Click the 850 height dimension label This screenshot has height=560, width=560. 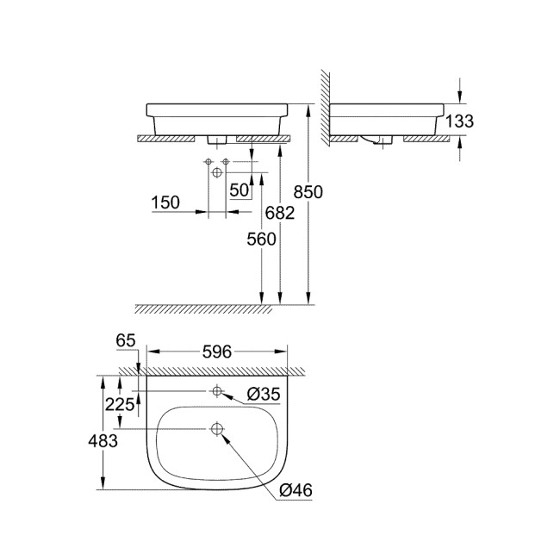(308, 192)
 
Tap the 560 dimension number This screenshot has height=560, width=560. (260, 240)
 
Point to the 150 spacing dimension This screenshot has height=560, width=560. (165, 202)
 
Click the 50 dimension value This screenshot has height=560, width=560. (239, 189)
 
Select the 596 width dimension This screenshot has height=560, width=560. (218, 351)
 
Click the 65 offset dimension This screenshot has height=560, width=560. (126, 341)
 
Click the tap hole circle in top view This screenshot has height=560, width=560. (217, 392)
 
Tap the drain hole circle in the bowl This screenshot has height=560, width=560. (217, 428)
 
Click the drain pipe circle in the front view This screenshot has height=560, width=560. (216, 173)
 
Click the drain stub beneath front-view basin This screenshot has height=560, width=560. (216, 139)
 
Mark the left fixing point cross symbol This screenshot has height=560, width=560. (208, 161)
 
